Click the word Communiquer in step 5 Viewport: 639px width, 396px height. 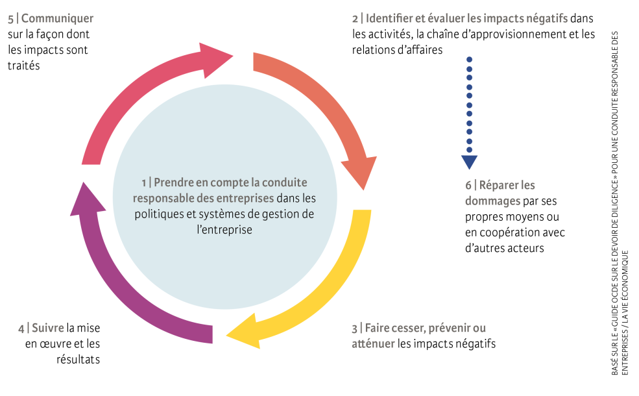(x=58, y=19)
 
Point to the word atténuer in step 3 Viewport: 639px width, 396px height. (x=372, y=343)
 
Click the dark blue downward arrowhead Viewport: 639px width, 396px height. (x=469, y=162)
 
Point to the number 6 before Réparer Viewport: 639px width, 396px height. (x=468, y=185)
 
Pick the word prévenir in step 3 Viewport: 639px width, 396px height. (x=452, y=328)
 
